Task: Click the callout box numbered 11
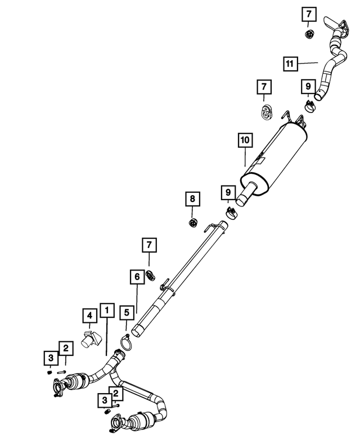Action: (x=290, y=64)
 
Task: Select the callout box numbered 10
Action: (x=245, y=140)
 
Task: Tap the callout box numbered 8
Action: (x=192, y=199)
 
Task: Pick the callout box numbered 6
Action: (x=137, y=277)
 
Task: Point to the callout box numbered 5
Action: (x=127, y=312)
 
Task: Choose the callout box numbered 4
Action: (x=90, y=316)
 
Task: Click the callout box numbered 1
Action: (x=107, y=310)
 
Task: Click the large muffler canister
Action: (x=273, y=161)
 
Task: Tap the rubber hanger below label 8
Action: (x=192, y=223)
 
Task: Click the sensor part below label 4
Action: (x=91, y=339)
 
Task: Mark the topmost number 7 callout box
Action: (x=309, y=14)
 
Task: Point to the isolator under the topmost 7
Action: (x=309, y=34)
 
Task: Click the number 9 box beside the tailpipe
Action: (x=308, y=87)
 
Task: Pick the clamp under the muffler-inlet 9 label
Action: (x=231, y=213)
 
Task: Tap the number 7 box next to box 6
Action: (x=149, y=245)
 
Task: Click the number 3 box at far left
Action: (x=51, y=358)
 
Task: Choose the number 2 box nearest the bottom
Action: (x=116, y=394)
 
